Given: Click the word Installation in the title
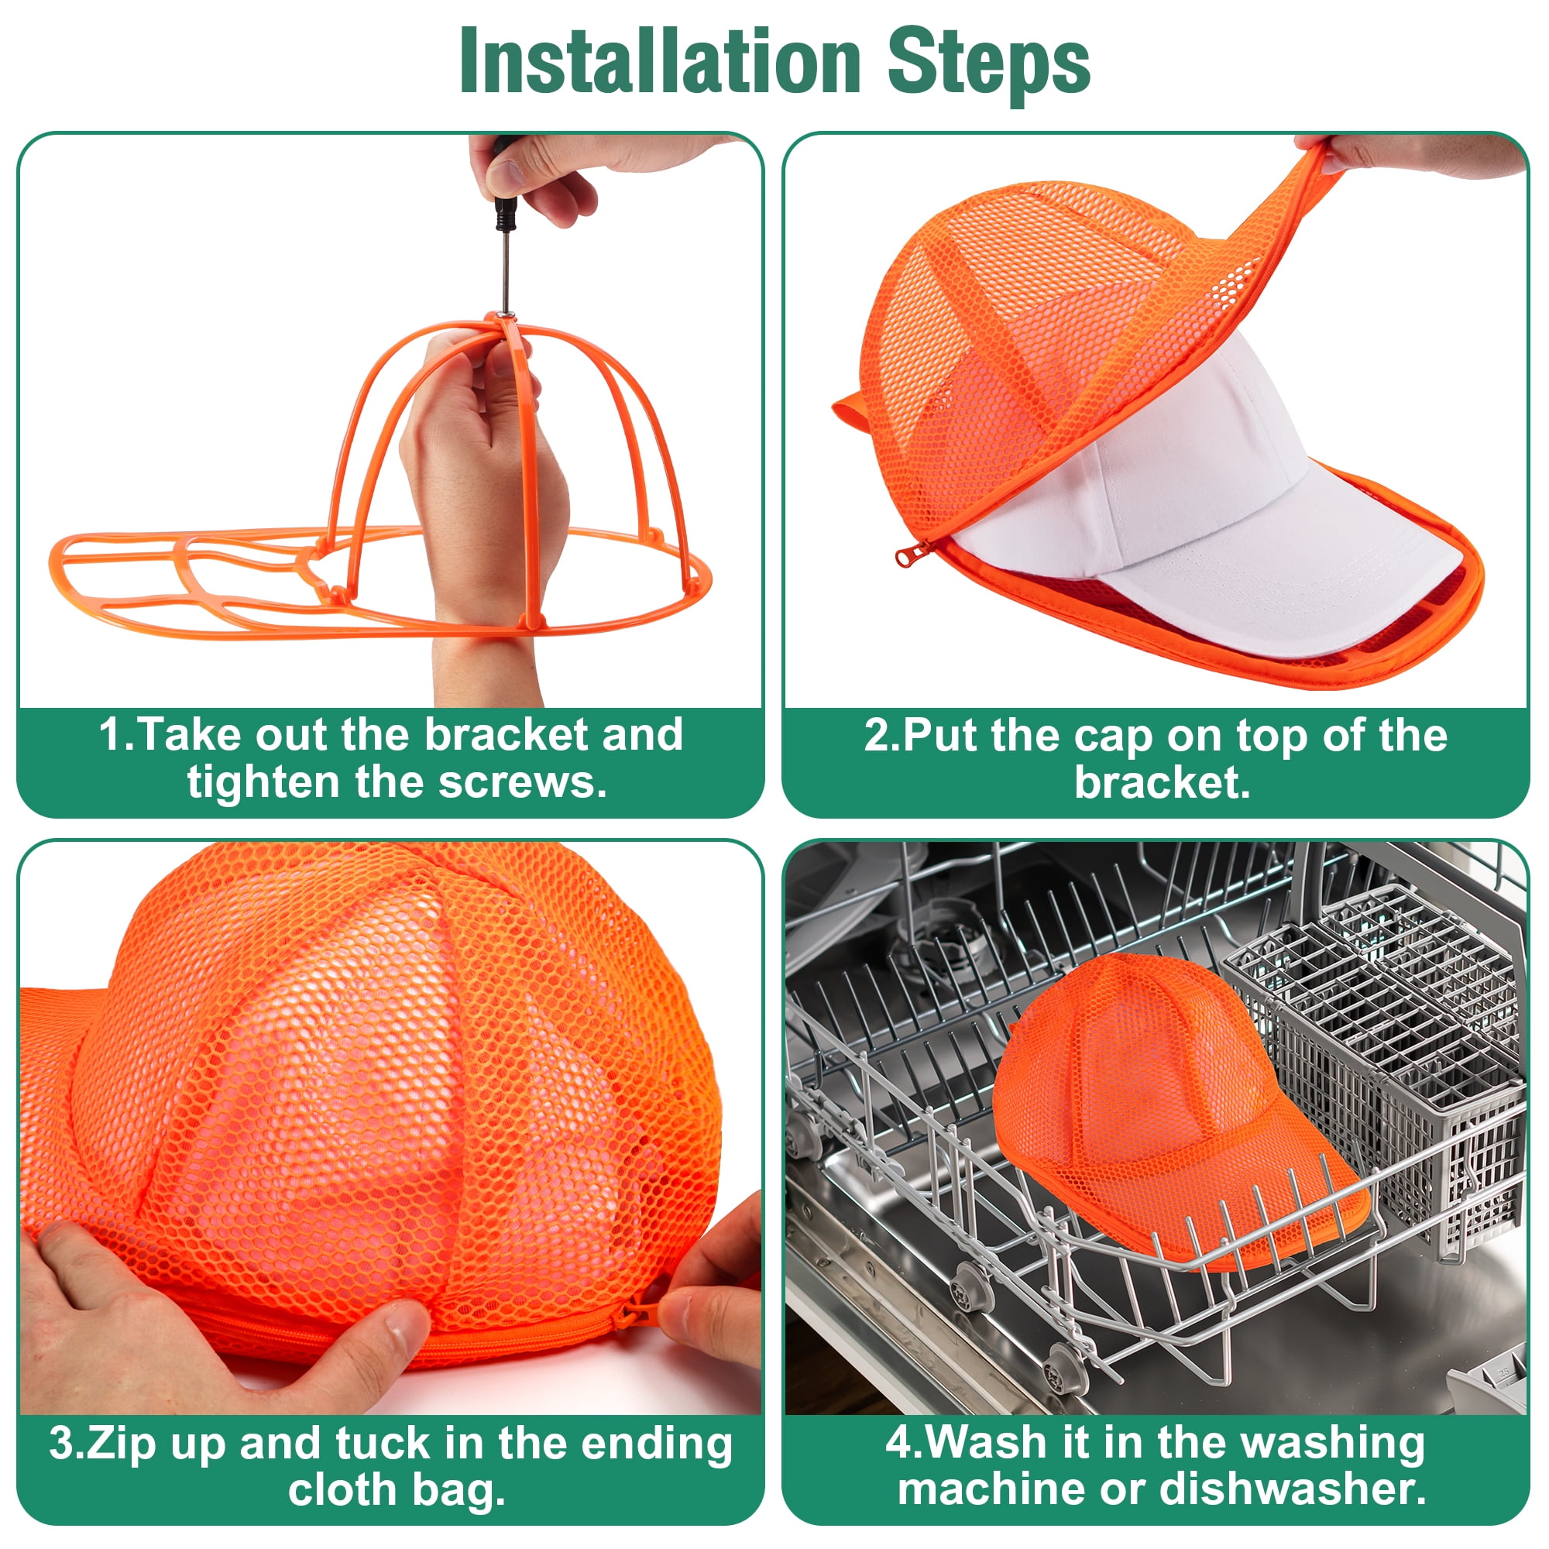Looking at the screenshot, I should pos(660,63).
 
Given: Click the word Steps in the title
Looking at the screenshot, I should pos(988,63).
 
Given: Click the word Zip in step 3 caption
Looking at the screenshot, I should pos(120,1443).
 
